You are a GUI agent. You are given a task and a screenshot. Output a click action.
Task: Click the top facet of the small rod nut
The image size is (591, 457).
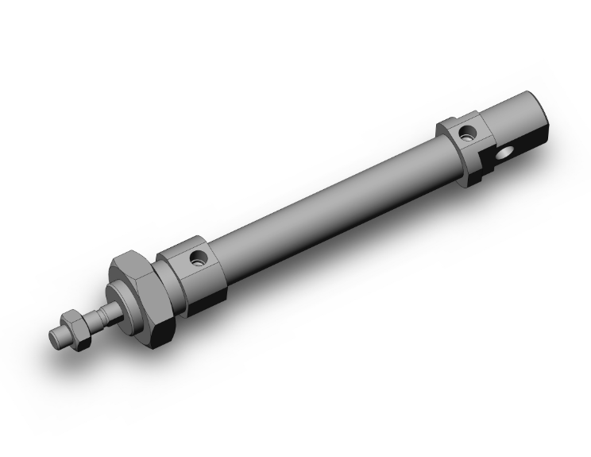72,317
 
